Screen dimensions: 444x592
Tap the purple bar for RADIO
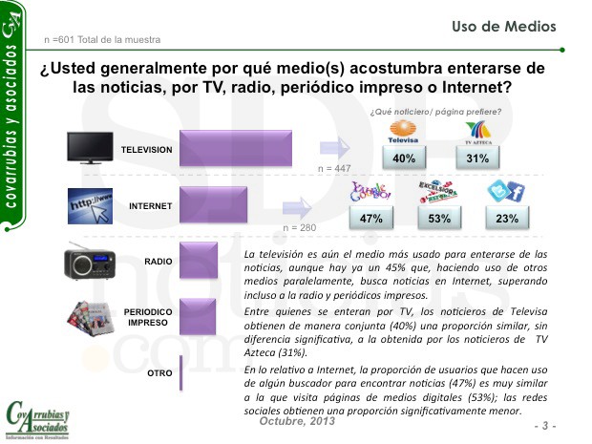tap(193, 262)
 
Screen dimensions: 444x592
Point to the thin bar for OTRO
tap(180, 373)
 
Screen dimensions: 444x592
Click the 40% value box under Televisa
tap(403, 159)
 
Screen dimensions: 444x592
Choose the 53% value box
tap(440, 219)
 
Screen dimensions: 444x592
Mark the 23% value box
tap(507, 219)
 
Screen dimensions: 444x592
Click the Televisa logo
tap(403, 132)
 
